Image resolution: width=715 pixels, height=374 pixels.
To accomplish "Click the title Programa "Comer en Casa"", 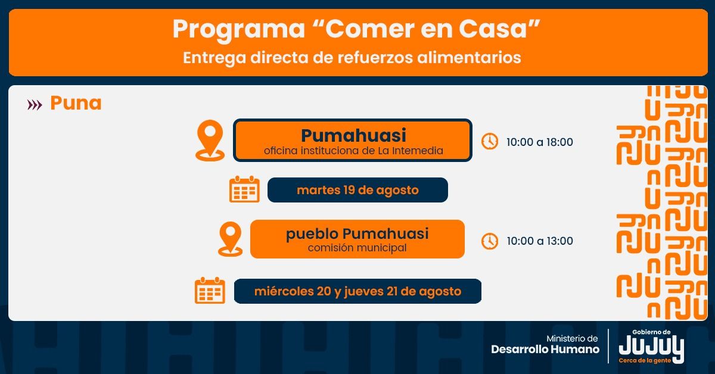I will pyautogui.click(x=357, y=30).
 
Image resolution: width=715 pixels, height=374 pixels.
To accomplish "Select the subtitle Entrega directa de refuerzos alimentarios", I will pyautogui.click(x=352, y=58).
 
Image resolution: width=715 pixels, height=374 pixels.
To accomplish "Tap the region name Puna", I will pyautogui.click(x=76, y=103).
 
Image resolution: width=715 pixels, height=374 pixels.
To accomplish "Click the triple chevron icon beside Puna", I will pyautogui.click(x=35, y=105).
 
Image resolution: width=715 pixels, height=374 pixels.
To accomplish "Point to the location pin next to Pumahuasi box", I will pyautogui.click(x=210, y=140).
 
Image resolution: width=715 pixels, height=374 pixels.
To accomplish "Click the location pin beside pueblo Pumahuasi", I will pyautogui.click(x=230, y=239).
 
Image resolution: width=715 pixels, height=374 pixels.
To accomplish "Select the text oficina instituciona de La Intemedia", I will pyautogui.click(x=353, y=151).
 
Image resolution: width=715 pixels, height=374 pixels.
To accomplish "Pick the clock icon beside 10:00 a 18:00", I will pyautogui.click(x=490, y=142).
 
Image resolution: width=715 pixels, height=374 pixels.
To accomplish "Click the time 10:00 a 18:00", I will pyautogui.click(x=539, y=142).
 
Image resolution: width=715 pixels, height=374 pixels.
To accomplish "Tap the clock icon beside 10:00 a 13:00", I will pyautogui.click(x=490, y=241).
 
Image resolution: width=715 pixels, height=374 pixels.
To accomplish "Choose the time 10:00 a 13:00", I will pyautogui.click(x=539, y=241).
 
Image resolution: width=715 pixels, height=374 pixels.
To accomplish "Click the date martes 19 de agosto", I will pyautogui.click(x=357, y=191).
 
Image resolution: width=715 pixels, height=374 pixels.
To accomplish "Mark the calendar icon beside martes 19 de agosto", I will pyautogui.click(x=244, y=189).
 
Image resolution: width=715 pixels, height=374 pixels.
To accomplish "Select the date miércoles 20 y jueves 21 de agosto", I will pyautogui.click(x=357, y=292).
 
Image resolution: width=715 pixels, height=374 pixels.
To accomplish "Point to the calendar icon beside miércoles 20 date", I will pyautogui.click(x=210, y=291).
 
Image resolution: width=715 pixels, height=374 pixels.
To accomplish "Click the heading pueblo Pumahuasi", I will pyautogui.click(x=357, y=233).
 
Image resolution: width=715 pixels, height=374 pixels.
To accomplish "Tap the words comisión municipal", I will pyautogui.click(x=357, y=248).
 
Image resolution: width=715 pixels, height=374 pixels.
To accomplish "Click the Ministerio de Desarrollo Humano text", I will pyautogui.click(x=545, y=344).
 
